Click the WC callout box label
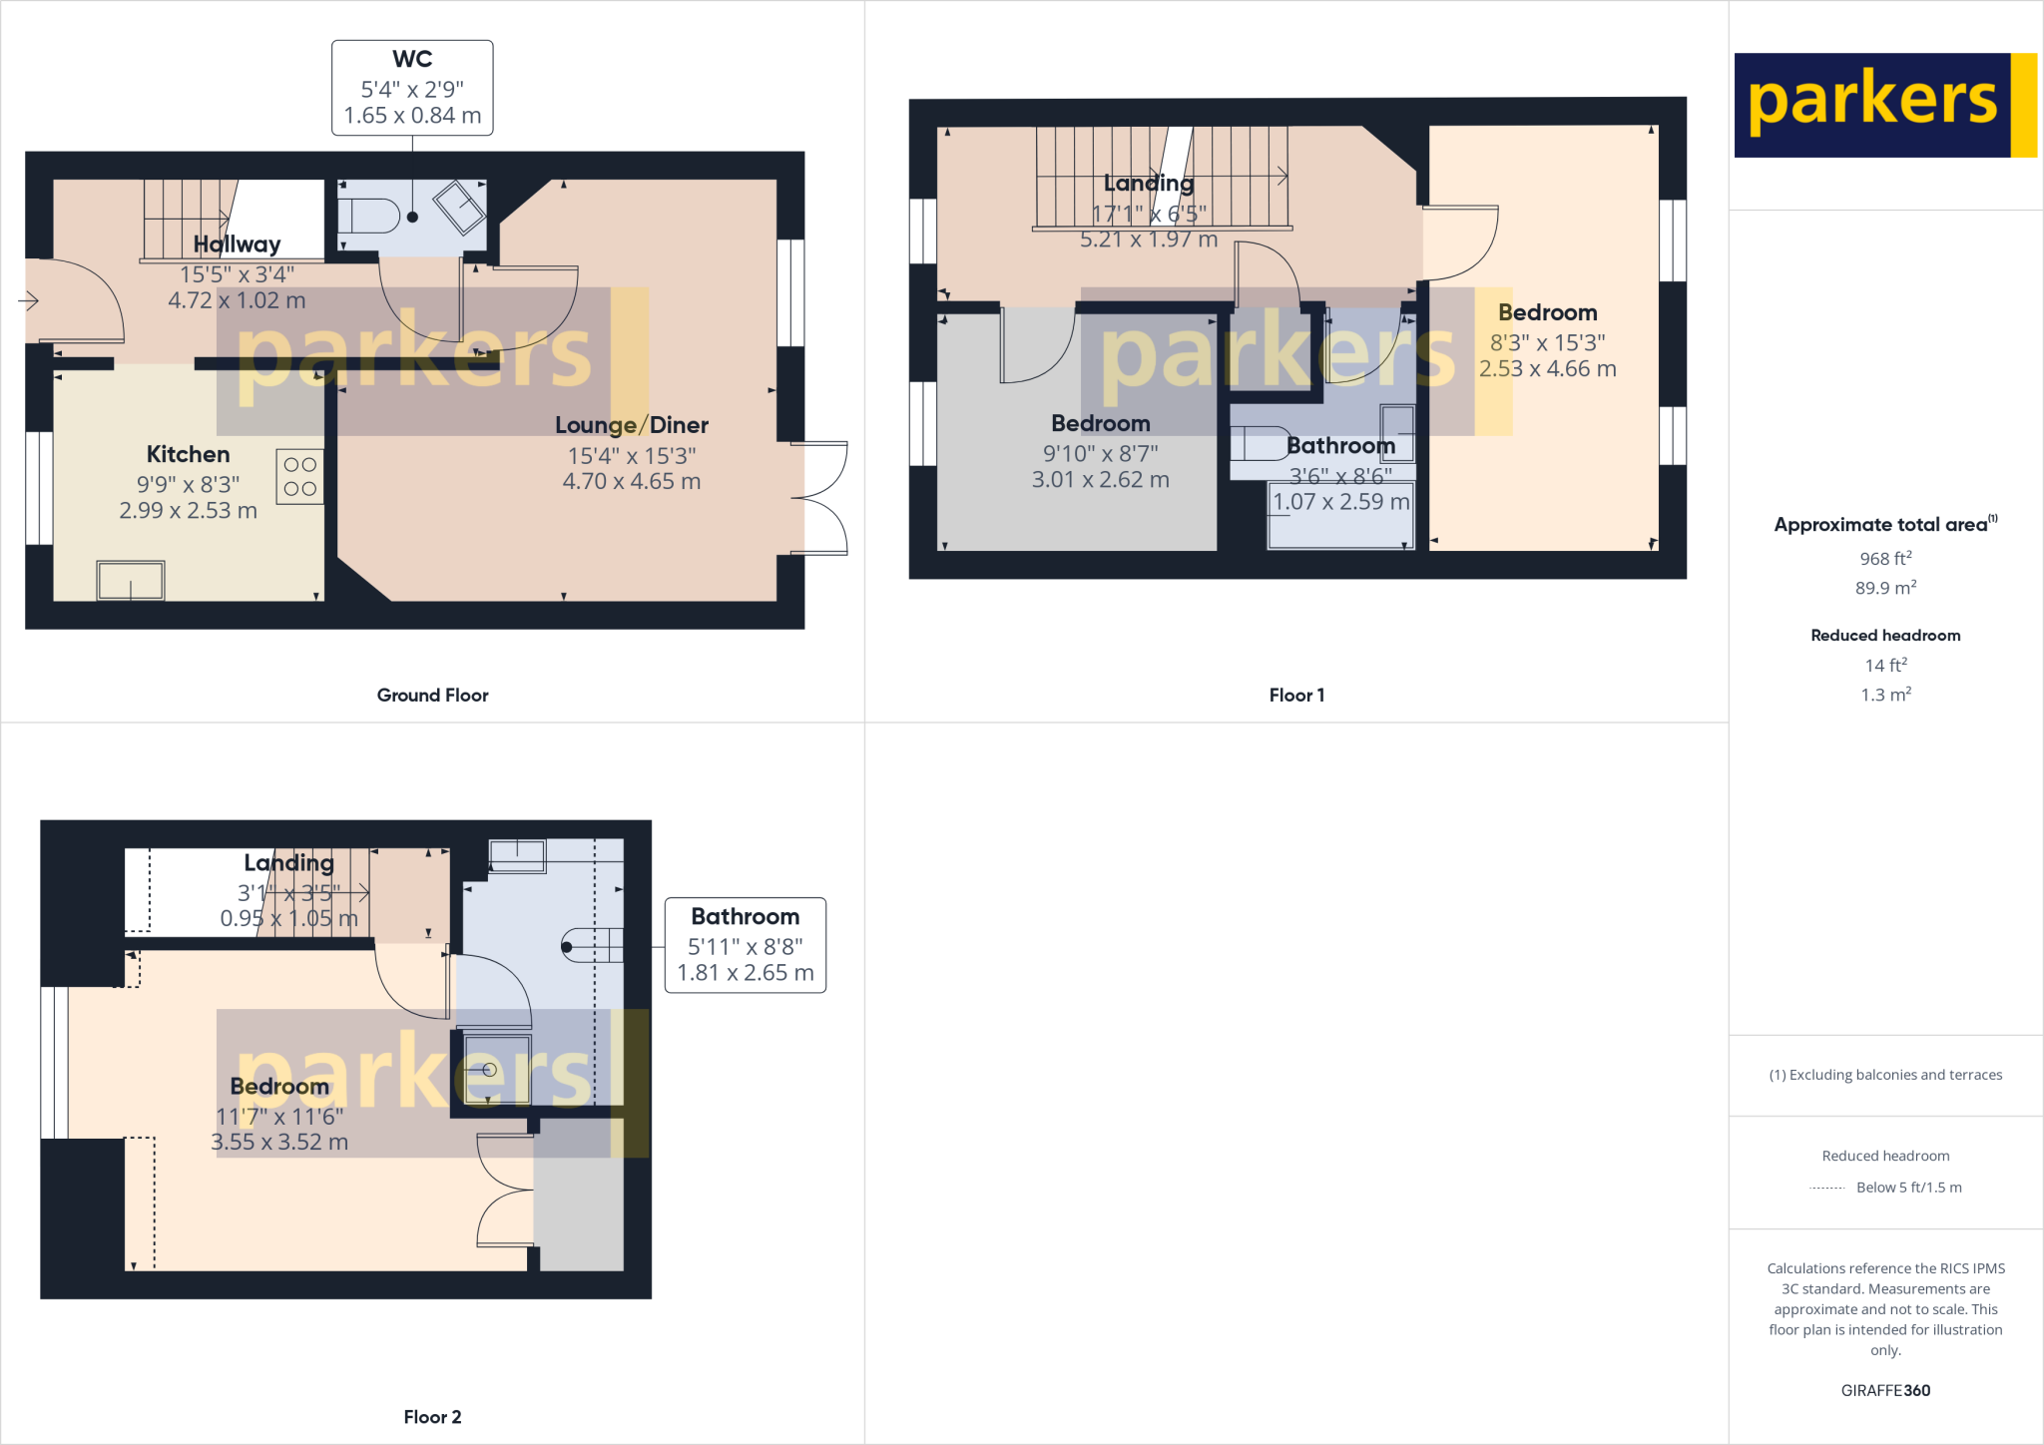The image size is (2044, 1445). pos(412,60)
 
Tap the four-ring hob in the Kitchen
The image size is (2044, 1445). pos(299,476)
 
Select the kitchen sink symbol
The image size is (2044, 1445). pos(131,580)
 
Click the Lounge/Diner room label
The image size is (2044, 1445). pos(631,425)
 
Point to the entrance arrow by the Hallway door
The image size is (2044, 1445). pos(28,300)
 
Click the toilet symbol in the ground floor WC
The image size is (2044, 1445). pos(368,216)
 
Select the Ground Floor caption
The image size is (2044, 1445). pos(432,696)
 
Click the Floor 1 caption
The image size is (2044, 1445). pos(1296,696)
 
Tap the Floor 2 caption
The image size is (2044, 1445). pos(432,1417)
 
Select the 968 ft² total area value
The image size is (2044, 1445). pos(1885,559)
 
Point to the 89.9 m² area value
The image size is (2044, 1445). pos(1885,588)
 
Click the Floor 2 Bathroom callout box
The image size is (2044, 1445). pos(745,944)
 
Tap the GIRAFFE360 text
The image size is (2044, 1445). pos(1885,1390)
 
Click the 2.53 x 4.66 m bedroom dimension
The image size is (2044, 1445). pos(1547,369)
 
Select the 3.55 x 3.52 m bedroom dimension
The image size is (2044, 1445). pos(279,1143)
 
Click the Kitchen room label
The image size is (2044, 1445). pos(188,455)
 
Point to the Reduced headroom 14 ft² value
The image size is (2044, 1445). pos(1885,666)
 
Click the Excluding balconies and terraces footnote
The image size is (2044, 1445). pos(1885,1075)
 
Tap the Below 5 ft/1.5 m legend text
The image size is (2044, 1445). pos(1908,1188)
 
